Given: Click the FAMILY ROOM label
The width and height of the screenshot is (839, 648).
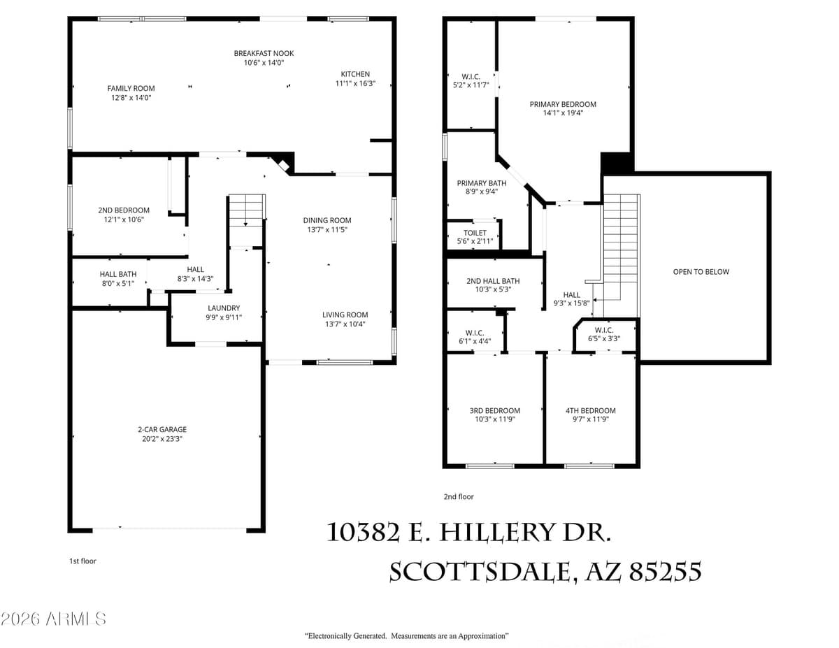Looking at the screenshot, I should tap(131, 88).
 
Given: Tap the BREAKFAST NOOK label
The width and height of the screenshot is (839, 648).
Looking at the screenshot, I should tap(264, 53).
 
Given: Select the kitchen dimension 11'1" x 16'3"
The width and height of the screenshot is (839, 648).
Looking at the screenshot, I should tap(355, 83).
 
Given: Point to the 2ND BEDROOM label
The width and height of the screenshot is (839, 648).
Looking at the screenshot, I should tap(124, 210).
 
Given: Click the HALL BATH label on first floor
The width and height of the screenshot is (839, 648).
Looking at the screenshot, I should tap(118, 274).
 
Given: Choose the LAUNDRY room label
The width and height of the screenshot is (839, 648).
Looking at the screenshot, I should tap(224, 308).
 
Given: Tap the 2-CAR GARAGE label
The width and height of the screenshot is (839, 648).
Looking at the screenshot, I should tap(162, 430).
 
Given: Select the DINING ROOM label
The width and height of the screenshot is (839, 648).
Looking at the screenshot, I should tap(327, 220).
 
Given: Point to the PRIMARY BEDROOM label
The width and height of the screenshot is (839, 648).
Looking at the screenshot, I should tap(563, 104).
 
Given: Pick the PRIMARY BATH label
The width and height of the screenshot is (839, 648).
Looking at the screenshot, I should tap(477, 182).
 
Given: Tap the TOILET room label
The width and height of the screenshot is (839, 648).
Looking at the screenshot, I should tap(475, 233).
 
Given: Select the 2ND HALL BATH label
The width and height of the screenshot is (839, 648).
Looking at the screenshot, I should tap(493, 281).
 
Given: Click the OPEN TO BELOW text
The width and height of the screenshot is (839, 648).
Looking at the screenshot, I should tap(701, 271).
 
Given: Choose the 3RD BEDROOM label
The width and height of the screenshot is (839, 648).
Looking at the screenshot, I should tap(494, 410).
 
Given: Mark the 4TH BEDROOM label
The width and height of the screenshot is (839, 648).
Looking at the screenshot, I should tap(590, 410).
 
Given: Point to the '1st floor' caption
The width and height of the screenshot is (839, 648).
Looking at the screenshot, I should tap(83, 561).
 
